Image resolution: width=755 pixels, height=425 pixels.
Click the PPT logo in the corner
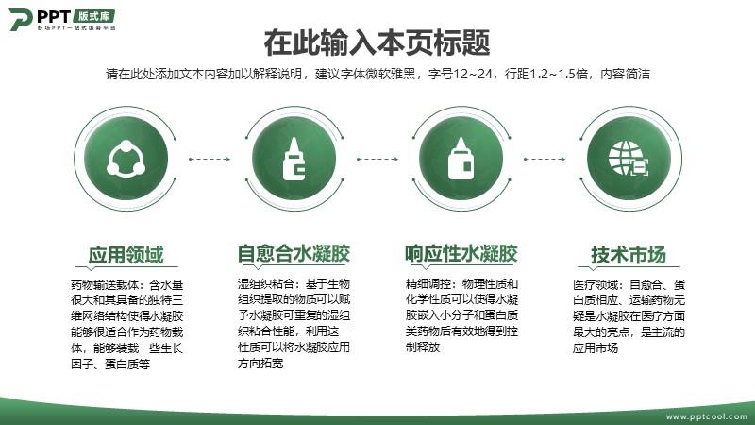tap(62, 19)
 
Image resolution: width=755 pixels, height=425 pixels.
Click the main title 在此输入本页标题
tap(377, 42)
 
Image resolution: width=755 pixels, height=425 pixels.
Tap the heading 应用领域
tap(126, 255)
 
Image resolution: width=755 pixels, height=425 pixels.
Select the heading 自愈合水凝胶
tap(294, 254)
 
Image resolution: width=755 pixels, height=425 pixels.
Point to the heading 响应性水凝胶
tap(461, 254)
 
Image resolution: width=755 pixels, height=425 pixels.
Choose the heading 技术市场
tap(629, 255)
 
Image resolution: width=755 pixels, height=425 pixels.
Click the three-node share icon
tap(126, 159)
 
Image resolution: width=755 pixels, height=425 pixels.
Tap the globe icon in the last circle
tap(629, 159)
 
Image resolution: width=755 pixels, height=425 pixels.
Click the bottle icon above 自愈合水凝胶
tap(294, 159)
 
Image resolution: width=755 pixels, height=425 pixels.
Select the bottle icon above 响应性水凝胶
tap(461, 159)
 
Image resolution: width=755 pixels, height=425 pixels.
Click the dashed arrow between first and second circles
tap(210, 159)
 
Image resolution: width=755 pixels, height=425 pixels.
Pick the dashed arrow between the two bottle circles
tap(377, 159)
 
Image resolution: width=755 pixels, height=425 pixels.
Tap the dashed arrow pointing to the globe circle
tap(545, 159)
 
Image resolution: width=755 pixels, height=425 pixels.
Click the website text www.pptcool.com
tap(706, 416)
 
